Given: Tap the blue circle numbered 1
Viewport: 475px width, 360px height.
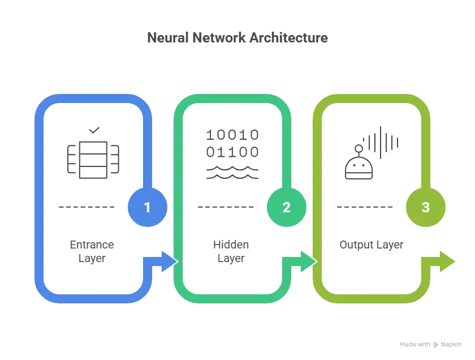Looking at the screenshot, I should coord(148,207).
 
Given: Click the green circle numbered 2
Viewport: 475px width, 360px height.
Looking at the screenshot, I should coord(287,207).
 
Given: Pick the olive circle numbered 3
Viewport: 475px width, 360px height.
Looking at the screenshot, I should coord(426,207).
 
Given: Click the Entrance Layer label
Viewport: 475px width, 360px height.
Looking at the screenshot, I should coord(92,252).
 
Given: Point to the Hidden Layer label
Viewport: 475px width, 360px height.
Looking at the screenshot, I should coord(231,252).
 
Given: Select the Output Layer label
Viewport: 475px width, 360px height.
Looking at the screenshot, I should coord(372,245).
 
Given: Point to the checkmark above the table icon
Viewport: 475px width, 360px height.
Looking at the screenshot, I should coord(94,130).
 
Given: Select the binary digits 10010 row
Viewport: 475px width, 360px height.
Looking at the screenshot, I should coord(232,135).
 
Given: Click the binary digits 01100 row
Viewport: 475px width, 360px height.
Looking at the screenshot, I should coord(232,152).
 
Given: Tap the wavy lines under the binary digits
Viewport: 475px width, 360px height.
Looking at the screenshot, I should coord(232,172).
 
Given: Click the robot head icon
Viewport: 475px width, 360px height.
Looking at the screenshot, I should coord(359,165).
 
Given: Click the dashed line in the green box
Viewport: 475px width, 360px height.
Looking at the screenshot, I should coord(226,207).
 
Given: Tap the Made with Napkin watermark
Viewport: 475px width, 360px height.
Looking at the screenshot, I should coord(431,344).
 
